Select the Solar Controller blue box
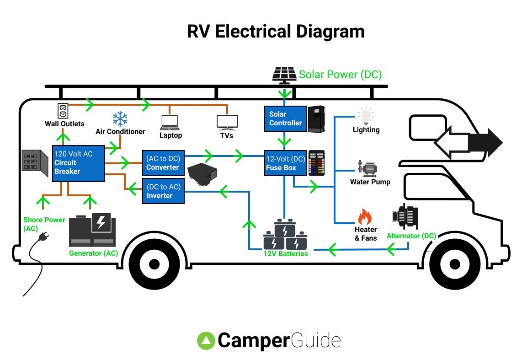pos(285,118)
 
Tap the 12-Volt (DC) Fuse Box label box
pos(285,163)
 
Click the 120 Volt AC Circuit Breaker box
pos(78,163)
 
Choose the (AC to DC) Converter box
pos(163,163)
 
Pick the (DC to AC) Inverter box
pos(163,191)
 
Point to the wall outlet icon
pos(63,110)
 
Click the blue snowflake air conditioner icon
pos(120,118)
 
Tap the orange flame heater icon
pos(365,216)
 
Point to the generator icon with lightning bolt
pos(93,230)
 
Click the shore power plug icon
pos(44,236)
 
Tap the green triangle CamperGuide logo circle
pos(206,341)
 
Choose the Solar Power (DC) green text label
pos(340,75)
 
